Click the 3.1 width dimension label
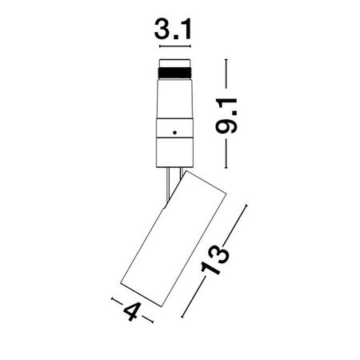tap(173, 29)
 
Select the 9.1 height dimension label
tap(226, 115)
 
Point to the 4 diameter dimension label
tap(132, 311)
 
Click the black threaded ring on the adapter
tap(174, 73)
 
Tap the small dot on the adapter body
tap(174, 132)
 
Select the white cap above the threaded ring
tap(174, 63)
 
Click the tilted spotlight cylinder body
tap(174, 238)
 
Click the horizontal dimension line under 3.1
tap(175, 46)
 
